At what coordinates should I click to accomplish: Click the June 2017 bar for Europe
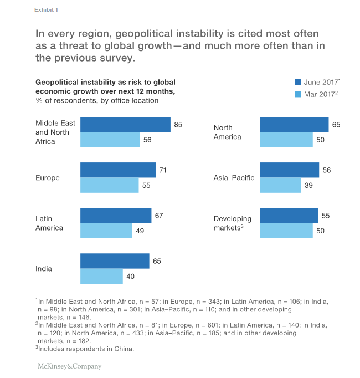pyautogui.click(x=118, y=170)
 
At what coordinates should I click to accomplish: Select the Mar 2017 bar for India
pyautogui.click(x=101, y=276)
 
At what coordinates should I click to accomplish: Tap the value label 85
pyautogui.click(x=178, y=125)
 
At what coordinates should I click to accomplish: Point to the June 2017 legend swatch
pyautogui.click(x=297, y=82)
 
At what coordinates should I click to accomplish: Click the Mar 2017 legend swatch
pyautogui.click(x=297, y=94)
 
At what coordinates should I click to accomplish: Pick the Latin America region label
pyautogui.click(x=49, y=223)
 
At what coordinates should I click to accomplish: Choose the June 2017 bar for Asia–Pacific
pyautogui.click(x=289, y=170)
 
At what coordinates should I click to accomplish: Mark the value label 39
pyautogui.click(x=308, y=185)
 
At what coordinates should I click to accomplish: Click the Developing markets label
pyautogui.click(x=234, y=223)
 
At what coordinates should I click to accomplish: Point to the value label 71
pyautogui.click(x=163, y=170)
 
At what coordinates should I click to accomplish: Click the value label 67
pyautogui.click(x=158, y=216)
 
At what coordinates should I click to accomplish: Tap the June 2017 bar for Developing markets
pyautogui.click(x=289, y=216)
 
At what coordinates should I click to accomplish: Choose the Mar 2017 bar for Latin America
pyautogui.click(x=106, y=231)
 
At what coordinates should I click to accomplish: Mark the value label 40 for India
pyautogui.click(x=130, y=276)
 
